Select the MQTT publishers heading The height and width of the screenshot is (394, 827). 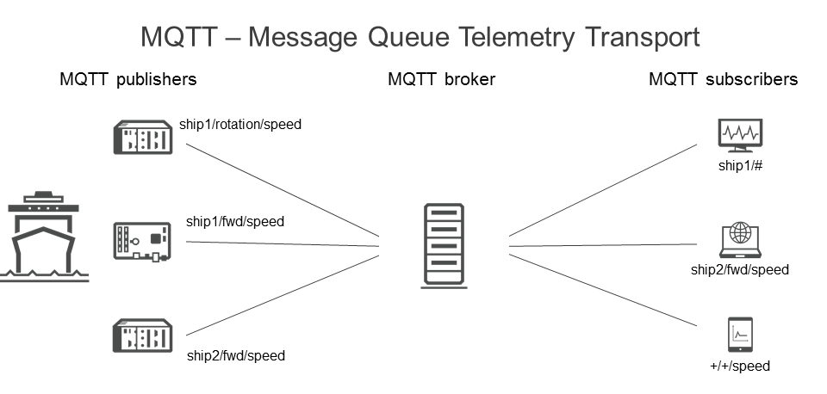click(x=128, y=79)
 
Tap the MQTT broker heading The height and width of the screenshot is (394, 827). click(x=441, y=79)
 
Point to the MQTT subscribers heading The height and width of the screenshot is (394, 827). click(x=723, y=79)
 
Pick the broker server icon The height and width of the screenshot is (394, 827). click(x=444, y=244)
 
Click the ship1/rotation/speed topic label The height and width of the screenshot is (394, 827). click(x=240, y=124)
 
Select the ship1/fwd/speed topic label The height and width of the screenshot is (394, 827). click(x=235, y=221)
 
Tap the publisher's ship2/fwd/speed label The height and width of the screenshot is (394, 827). click(x=235, y=354)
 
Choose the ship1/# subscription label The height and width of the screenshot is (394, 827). click(x=740, y=165)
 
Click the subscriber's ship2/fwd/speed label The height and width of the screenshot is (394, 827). click(x=740, y=269)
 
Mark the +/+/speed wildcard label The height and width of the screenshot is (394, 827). click(x=740, y=366)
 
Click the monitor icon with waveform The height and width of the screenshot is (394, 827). click(x=740, y=135)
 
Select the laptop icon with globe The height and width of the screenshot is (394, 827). click(x=740, y=238)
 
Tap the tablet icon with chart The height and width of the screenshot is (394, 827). click(x=741, y=335)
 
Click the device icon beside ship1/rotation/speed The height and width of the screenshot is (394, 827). click(x=143, y=138)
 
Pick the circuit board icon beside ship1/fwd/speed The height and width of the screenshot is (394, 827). click(x=143, y=241)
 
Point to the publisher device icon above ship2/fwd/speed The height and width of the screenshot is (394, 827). click(x=143, y=336)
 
